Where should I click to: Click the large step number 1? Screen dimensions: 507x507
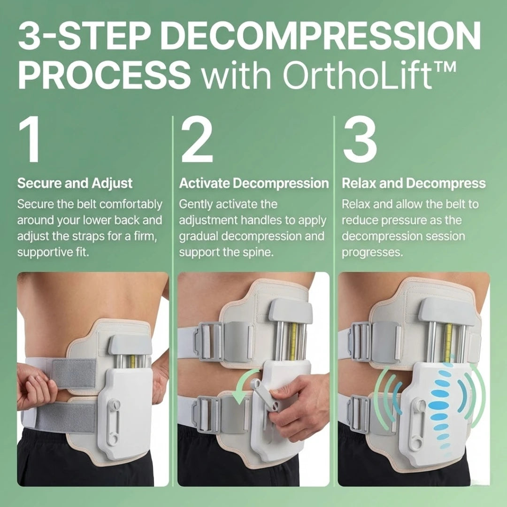click(x=29, y=141)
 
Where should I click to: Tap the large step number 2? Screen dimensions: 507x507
click(x=197, y=141)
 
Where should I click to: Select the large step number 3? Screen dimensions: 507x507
click(x=360, y=141)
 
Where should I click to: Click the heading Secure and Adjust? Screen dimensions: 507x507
click(x=75, y=183)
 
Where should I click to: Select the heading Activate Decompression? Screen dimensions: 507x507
click(x=254, y=183)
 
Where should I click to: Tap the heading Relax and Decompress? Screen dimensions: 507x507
click(x=414, y=183)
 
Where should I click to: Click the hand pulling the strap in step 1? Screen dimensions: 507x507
click(x=35, y=385)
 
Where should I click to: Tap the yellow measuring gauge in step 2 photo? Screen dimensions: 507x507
click(x=292, y=338)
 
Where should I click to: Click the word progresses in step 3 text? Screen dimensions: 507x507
click(x=372, y=252)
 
